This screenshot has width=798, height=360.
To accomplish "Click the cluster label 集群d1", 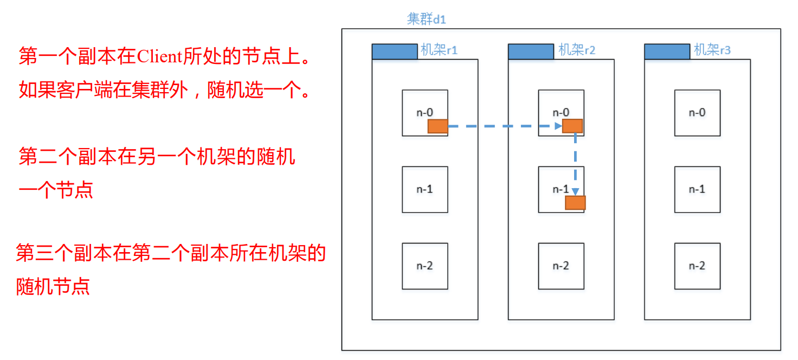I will [x=426, y=20].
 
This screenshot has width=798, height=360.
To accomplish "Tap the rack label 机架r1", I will [x=439, y=50].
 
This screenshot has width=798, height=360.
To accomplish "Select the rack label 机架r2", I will [x=577, y=50].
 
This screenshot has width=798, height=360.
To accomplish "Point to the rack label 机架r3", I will [x=712, y=50].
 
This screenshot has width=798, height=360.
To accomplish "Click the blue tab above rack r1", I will [x=395, y=52].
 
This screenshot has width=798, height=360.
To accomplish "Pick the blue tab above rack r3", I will [x=667, y=52].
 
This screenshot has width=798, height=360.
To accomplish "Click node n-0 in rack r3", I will [x=697, y=113].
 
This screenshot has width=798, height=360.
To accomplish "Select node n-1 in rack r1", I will [x=424, y=189].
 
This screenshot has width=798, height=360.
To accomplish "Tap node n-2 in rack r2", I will [x=561, y=266].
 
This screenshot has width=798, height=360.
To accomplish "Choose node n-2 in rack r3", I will [x=697, y=266].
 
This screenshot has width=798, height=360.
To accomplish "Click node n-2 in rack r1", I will [x=424, y=266].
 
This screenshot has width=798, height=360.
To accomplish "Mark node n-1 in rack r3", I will [x=697, y=189].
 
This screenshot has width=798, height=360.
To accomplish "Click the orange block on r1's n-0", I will [x=437, y=126].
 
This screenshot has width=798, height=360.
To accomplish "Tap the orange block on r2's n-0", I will [x=572, y=126].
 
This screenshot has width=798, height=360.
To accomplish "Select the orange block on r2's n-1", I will [x=575, y=203].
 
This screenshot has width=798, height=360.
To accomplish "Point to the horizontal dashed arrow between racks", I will [x=504, y=126].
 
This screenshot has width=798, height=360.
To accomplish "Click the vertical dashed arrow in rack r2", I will [x=575, y=163].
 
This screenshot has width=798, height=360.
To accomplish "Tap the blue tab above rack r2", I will [x=531, y=52].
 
